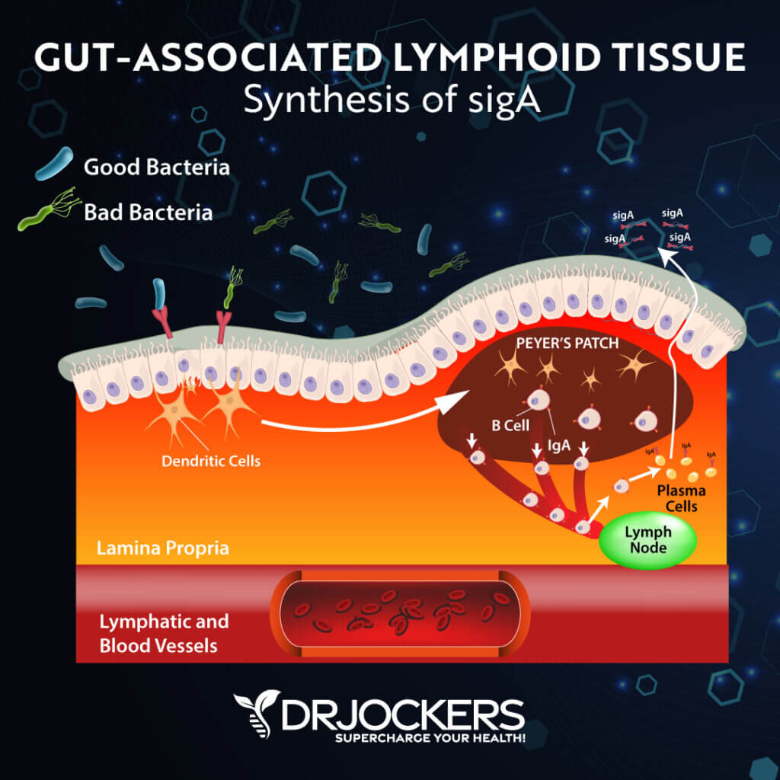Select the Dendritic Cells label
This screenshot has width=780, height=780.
tap(211, 461)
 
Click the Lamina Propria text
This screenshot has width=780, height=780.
tap(162, 548)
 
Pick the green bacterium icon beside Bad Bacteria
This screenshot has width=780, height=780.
tap(47, 213)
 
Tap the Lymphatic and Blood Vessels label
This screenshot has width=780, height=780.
tap(164, 633)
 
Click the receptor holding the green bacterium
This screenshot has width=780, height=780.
tap(224, 325)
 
